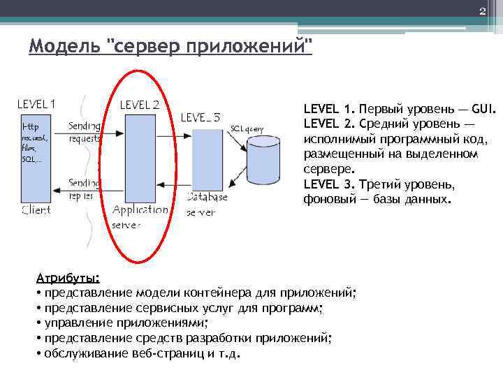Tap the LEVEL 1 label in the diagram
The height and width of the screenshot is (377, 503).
pyautogui.click(x=36, y=104)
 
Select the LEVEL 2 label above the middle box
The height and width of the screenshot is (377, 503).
pyautogui.click(x=140, y=105)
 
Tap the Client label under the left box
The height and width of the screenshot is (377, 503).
pyautogui.click(x=36, y=209)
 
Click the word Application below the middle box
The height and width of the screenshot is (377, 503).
pyautogui.click(x=140, y=209)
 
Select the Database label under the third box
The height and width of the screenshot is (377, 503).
pyautogui.click(x=207, y=197)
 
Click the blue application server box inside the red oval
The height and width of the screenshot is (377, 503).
pyautogui.click(x=140, y=158)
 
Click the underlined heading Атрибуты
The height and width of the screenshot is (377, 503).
pyautogui.click(x=68, y=277)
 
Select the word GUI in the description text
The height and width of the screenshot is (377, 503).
pyautogui.click(x=483, y=110)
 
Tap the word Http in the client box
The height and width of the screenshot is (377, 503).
pyautogui.click(x=31, y=126)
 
